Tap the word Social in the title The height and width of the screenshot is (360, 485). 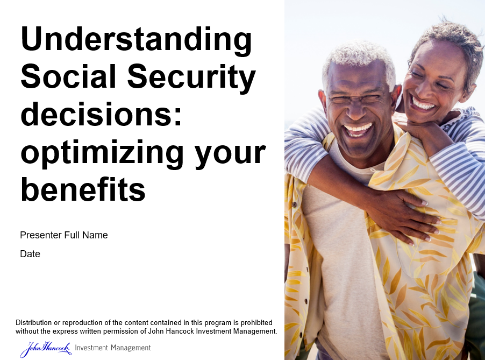click(68, 76)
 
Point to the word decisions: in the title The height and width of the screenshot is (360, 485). click(101, 114)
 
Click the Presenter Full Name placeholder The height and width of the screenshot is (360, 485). click(64, 235)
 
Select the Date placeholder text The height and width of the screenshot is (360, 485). click(30, 254)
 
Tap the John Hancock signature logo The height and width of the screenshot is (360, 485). click(46, 349)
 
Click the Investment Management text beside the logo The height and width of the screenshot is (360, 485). click(113, 348)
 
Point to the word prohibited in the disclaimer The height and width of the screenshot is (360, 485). click(256, 322)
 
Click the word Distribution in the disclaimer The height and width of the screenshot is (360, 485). click(34, 322)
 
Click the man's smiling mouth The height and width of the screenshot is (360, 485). click(358, 129)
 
